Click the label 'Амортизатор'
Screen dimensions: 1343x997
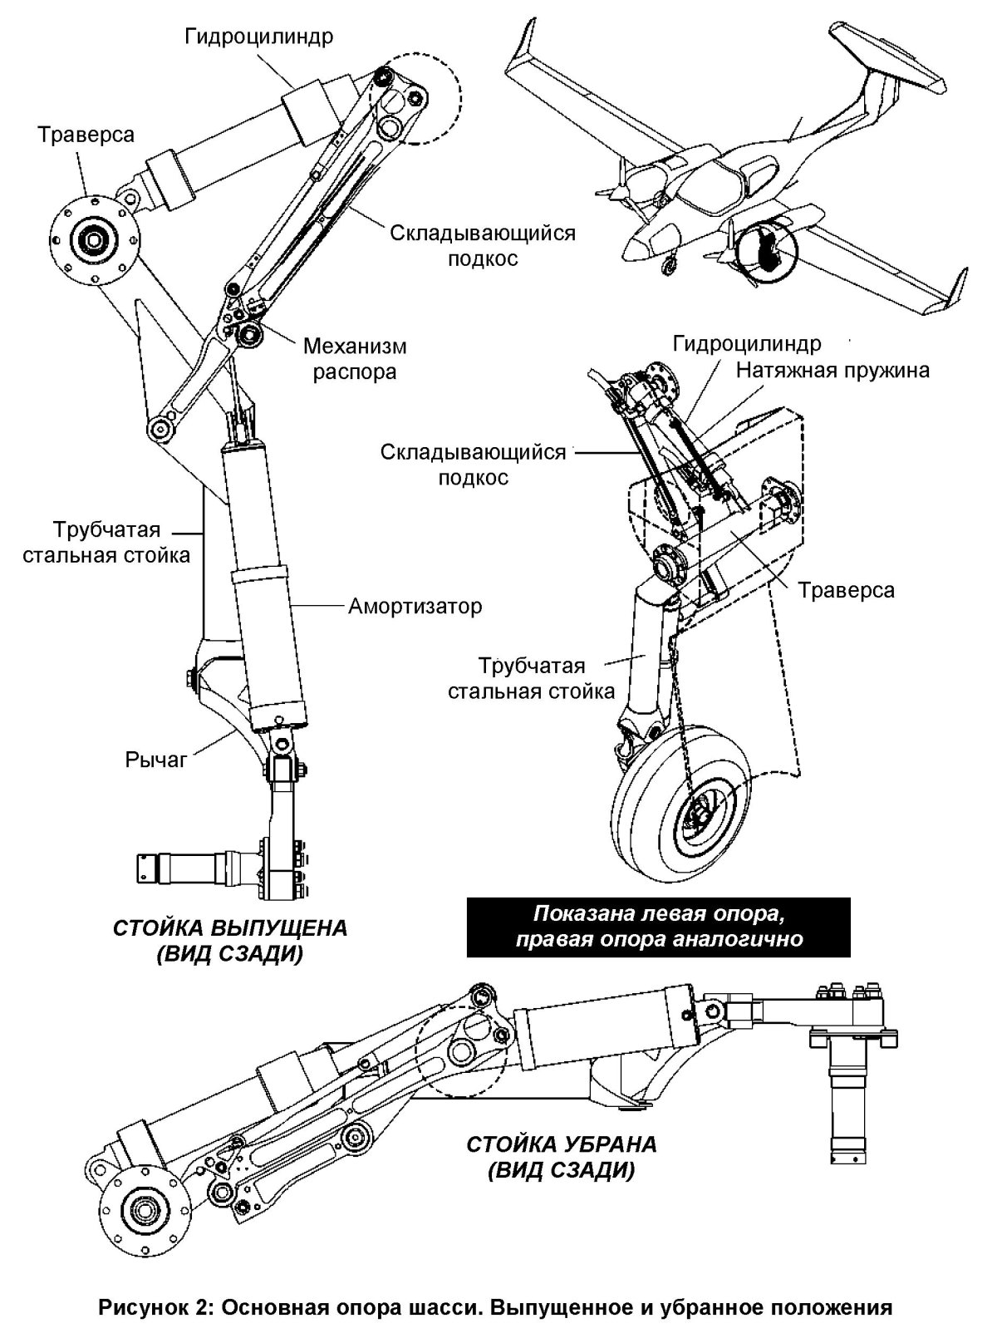tap(415, 606)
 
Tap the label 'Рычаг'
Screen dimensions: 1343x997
tap(156, 759)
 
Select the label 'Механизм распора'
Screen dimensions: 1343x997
tap(355, 358)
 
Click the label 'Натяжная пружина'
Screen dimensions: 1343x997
tap(832, 369)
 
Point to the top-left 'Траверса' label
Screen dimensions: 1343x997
tap(86, 135)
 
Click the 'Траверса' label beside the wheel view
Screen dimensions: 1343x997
tap(846, 590)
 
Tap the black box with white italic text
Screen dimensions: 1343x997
tap(660, 927)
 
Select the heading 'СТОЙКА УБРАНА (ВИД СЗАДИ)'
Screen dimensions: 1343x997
tap(562, 1157)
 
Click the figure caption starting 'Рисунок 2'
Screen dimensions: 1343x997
tap(496, 1307)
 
